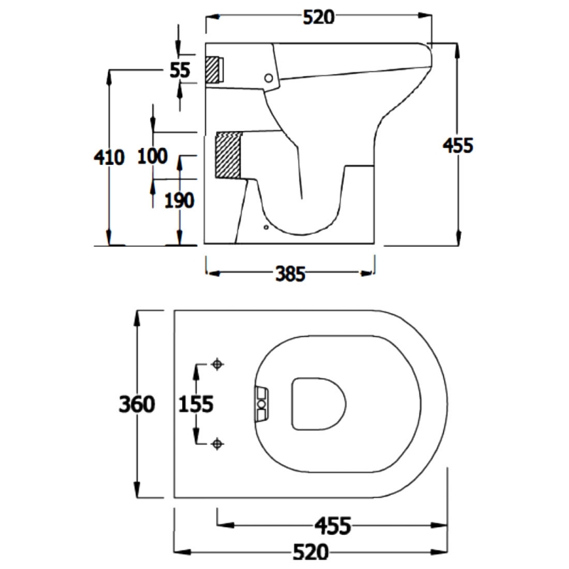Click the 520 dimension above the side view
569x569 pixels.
pos(318,18)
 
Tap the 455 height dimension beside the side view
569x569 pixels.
pos(458,145)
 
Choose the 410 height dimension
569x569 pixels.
pos(109,157)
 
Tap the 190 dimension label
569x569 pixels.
pos(179,201)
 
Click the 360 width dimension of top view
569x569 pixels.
pos(137,404)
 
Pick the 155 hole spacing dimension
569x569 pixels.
pos(196,404)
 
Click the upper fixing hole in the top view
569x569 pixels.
pos(218,365)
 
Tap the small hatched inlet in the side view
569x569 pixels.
pos(213,69)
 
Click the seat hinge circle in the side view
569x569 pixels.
pos(268,76)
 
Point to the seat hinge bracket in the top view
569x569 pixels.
pos(262,404)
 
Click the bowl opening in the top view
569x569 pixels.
pos(319,404)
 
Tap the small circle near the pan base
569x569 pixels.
pos(266,228)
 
